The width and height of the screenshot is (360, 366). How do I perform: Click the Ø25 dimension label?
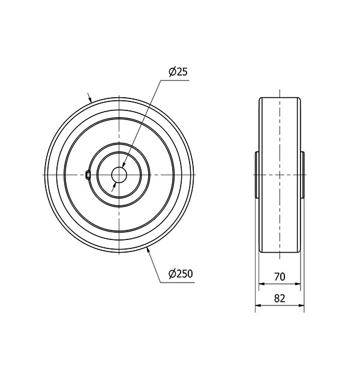pyautogui.click(x=178, y=72)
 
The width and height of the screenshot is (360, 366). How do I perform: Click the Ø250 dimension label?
pyautogui.click(x=181, y=274)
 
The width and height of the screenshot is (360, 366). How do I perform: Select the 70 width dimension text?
pyautogui.click(x=280, y=277)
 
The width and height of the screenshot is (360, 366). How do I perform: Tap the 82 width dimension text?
pyautogui.click(x=280, y=298)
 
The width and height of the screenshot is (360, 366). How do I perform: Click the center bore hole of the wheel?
pyautogui.click(x=119, y=175)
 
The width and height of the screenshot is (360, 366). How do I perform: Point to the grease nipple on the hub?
pyautogui.click(x=88, y=175)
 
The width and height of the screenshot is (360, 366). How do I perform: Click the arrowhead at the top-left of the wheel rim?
pyautogui.click(x=90, y=100)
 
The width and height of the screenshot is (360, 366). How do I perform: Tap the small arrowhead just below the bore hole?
pyautogui.click(x=115, y=185)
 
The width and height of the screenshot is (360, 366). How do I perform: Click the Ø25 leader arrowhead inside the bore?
pyautogui.click(x=123, y=165)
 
